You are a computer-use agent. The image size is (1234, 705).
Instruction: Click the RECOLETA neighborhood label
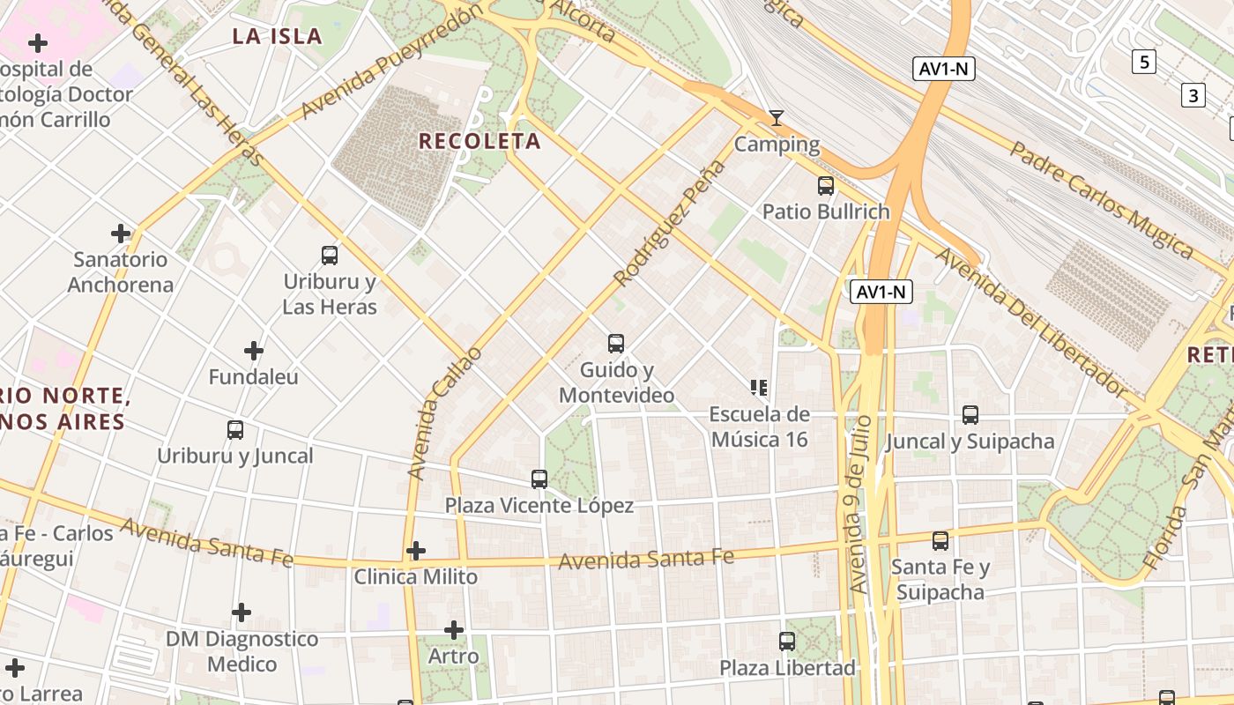coord(479,141)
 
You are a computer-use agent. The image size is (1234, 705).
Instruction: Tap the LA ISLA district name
coord(277,36)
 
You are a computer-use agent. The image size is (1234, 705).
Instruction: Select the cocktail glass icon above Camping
coord(776,118)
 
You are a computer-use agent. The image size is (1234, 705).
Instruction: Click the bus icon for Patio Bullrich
coord(826,186)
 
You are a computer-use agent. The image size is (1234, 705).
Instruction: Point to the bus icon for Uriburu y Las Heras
coord(330,256)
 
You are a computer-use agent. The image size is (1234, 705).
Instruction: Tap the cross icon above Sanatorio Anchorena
coord(121,234)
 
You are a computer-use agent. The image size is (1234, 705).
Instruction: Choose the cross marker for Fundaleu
coord(254,351)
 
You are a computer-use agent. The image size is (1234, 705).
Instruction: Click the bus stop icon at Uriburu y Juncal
coord(235,430)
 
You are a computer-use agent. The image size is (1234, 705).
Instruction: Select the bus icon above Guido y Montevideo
coord(616,344)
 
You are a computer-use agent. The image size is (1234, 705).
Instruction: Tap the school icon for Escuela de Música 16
coord(759,388)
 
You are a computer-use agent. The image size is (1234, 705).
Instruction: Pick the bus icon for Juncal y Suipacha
coord(970,415)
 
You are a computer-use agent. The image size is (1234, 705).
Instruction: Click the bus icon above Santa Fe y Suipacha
coord(940,541)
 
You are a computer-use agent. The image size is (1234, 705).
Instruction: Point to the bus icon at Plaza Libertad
coord(787,642)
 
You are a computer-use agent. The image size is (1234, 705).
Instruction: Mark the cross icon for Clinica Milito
coord(416,552)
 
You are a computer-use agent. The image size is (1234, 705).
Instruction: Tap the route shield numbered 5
coord(1144,62)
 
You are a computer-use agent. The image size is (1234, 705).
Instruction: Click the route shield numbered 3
coord(1193,94)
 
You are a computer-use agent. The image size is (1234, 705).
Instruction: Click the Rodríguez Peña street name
coord(668,224)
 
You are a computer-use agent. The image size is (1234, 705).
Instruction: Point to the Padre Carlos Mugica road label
coord(1101,200)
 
